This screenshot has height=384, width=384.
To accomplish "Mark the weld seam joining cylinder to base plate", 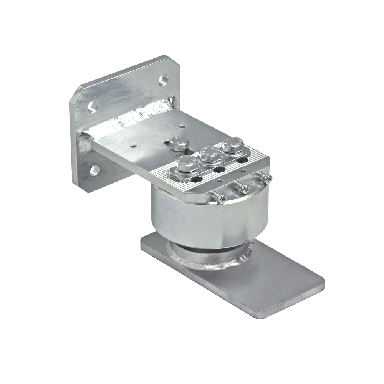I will (215, 265).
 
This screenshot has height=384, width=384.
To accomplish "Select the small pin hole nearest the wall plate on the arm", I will (132, 146).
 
